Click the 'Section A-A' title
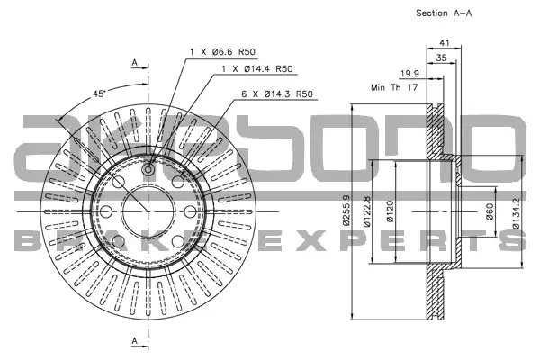click(x=444, y=13)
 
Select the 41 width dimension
click(x=445, y=43)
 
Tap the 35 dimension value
click(x=441, y=58)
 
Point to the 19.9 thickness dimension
click(x=409, y=74)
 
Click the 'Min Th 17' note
click(x=394, y=87)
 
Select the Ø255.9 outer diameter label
click(x=346, y=211)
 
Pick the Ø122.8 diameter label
click(x=367, y=211)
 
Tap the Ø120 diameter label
click(x=390, y=211)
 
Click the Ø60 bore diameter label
click(x=490, y=211)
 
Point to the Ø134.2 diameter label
click(x=516, y=213)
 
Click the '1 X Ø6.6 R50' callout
click(x=223, y=52)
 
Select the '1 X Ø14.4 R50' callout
click(x=257, y=69)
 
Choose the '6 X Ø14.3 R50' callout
click(x=277, y=94)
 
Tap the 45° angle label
click(x=99, y=94)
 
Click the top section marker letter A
click(x=135, y=62)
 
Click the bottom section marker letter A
click(x=135, y=341)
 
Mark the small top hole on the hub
click(x=148, y=169)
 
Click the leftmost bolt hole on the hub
click(x=105, y=211)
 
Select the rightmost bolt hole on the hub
click(x=191, y=211)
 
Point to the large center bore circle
click(x=148, y=186)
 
